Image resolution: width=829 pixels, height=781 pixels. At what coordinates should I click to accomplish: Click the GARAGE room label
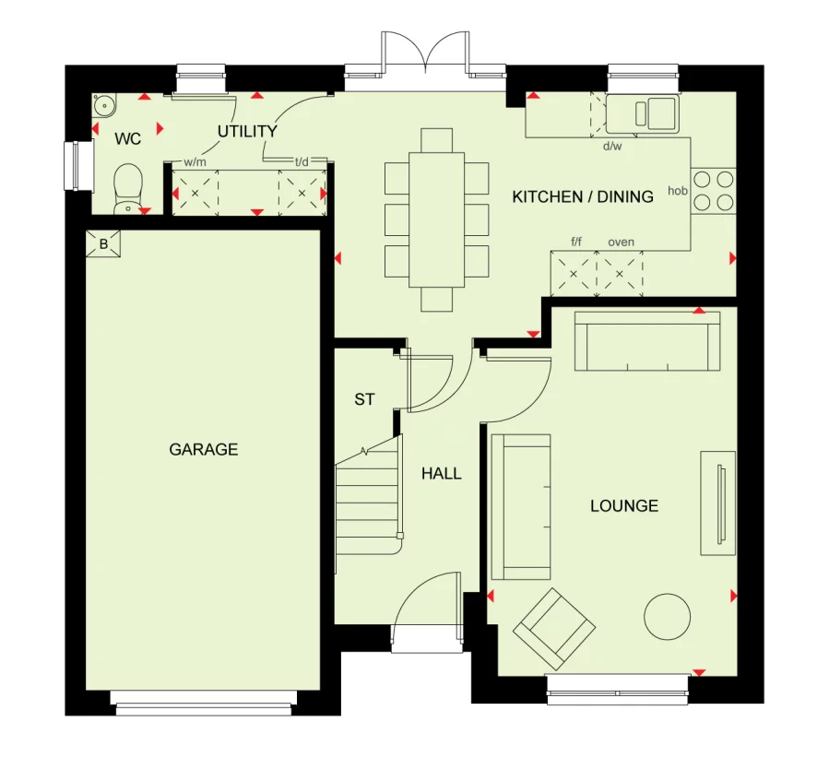204,449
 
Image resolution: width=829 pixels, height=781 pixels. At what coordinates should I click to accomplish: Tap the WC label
128,139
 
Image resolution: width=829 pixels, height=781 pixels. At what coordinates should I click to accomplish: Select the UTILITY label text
247,131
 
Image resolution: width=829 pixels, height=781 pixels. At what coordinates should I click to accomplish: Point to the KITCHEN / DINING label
583,196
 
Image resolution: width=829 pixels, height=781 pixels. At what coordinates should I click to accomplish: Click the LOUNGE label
624,506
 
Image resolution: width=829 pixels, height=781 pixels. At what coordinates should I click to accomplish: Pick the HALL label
442,473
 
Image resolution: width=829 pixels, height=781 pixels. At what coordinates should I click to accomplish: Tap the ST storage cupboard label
364,399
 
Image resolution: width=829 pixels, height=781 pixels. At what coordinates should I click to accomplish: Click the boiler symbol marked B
103,243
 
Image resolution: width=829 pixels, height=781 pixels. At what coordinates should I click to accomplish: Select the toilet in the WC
128,189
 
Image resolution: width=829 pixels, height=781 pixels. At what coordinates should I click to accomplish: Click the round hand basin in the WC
104,106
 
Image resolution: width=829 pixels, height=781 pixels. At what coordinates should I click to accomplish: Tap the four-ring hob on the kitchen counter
713,191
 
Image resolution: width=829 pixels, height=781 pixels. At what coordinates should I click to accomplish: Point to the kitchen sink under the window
643,113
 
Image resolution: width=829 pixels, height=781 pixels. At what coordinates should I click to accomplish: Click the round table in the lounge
668,617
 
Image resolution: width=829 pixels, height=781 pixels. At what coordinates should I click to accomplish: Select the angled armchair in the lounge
554,629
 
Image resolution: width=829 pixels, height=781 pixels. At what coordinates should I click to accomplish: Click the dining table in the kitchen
437,220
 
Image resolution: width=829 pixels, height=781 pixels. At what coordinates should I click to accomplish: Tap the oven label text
622,243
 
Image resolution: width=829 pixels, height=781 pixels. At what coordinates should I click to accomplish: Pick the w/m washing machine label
195,162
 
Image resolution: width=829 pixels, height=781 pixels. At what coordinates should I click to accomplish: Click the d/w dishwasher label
612,146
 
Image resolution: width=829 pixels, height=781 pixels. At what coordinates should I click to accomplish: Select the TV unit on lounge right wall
718,503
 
